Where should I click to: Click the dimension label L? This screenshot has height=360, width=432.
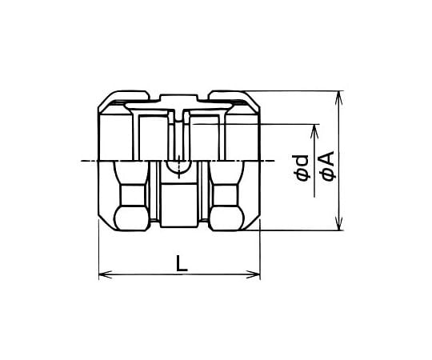pos(182,263)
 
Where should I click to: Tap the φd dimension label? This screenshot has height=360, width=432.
pos(301,168)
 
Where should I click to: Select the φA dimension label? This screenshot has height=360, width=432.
pos(327,166)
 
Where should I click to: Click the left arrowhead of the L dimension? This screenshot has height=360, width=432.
pos(105,274)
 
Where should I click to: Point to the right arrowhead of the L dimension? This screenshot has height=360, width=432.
pos(254,274)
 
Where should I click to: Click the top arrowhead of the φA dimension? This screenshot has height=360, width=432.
pos(339,98)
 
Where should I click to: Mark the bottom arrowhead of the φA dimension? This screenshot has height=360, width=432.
pos(339,223)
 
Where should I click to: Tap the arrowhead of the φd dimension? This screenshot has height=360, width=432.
pos(314,131)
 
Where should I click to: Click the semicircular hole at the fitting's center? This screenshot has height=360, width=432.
pos(179,167)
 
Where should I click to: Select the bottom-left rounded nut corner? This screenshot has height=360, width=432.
pos(132,218)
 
